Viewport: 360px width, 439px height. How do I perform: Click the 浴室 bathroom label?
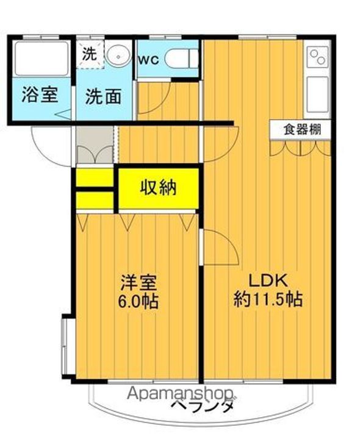[40, 96]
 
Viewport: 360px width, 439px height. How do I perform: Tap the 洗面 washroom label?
[103, 96]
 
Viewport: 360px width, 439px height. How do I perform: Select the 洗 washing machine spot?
[89, 54]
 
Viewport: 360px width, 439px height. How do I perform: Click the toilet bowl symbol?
[181, 59]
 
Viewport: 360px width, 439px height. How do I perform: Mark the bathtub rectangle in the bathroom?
[41, 60]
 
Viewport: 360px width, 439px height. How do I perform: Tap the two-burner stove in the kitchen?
[317, 58]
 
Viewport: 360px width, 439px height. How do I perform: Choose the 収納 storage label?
[159, 188]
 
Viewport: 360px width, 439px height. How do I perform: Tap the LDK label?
[267, 281]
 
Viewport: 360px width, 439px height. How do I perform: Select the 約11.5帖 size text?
[268, 299]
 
